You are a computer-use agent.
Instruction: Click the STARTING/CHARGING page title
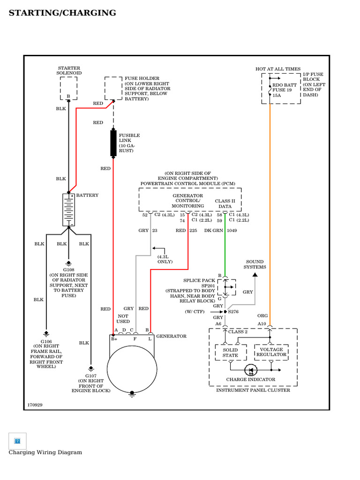(x=62, y=13)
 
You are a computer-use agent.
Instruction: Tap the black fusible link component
(x=113, y=143)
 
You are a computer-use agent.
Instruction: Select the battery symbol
(x=68, y=210)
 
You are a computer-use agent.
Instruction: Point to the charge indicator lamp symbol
(x=250, y=370)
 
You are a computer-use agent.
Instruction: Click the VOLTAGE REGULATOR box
(x=271, y=352)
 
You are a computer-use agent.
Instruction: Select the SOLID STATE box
(x=230, y=352)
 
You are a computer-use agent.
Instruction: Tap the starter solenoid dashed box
(x=68, y=88)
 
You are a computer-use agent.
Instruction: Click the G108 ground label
(x=68, y=270)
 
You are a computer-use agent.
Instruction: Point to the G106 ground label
(x=46, y=341)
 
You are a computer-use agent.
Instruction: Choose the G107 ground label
(x=90, y=375)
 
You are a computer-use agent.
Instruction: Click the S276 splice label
(x=233, y=311)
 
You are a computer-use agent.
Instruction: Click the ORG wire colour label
(x=262, y=316)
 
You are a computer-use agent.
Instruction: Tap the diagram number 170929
(x=35, y=404)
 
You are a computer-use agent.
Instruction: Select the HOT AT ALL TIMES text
(x=278, y=69)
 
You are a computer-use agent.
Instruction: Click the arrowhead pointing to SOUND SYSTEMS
(x=255, y=274)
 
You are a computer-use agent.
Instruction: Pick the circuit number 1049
(x=232, y=231)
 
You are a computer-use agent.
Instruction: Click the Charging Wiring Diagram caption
(x=45, y=452)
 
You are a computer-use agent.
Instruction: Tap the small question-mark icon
(x=17, y=441)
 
